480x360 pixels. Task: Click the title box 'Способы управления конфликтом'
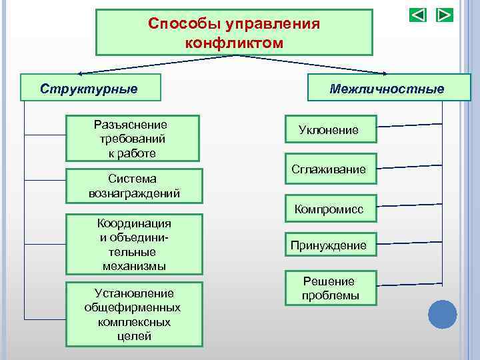pos(234,32)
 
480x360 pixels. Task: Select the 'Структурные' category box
pos(89,88)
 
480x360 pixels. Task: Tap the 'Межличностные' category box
pos(386,88)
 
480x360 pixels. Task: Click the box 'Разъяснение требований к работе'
pos(132,139)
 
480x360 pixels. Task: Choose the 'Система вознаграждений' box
pos(134,185)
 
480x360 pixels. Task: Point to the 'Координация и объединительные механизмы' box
pos(133,244)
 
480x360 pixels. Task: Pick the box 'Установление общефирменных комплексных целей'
pos(133,314)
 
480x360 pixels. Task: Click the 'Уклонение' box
pos(329,130)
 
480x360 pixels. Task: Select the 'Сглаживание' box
pos(329,169)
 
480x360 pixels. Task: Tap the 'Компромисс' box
pos(329,209)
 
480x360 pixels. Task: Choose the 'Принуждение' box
pos(329,245)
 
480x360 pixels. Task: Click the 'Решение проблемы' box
pos(329,288)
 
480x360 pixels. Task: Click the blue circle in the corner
pos(442,314)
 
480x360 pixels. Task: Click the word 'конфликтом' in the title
pos(234,43)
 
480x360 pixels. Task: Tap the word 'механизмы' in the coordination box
pos(134,266)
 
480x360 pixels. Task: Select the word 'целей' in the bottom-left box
pos(134,336)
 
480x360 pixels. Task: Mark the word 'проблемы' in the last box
pos(330,295)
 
